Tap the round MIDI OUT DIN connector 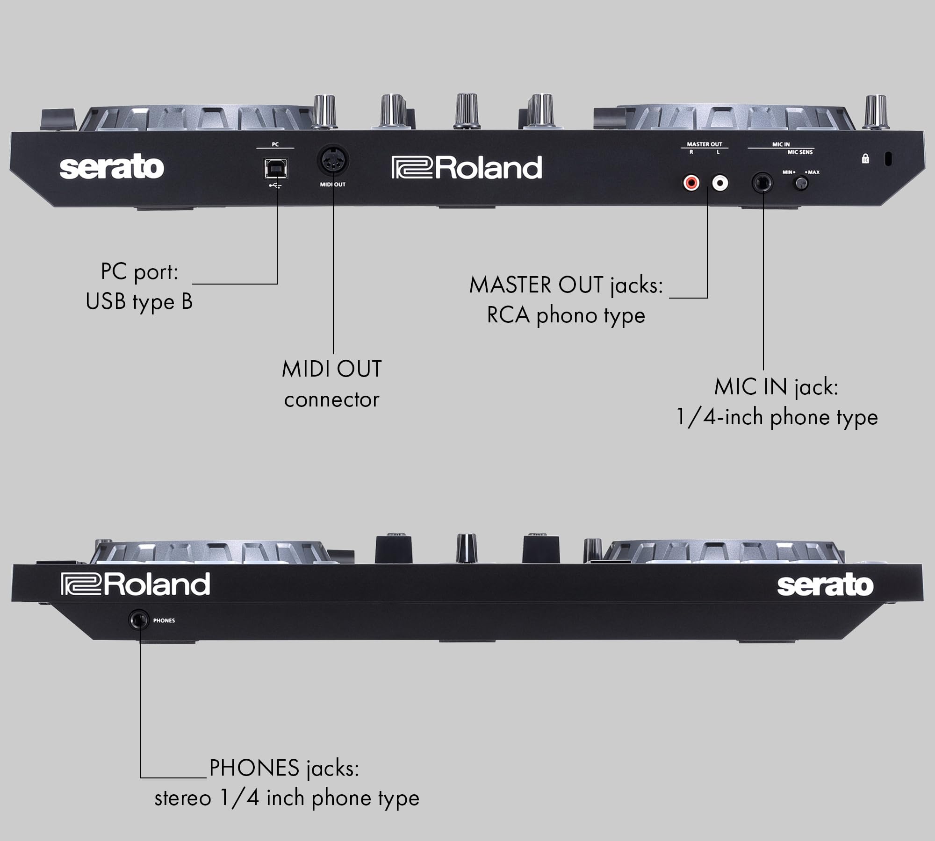tap(333, 161)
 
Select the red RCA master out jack tap(691, 182)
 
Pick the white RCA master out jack tap(720, 182)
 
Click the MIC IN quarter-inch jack tap(763, 183)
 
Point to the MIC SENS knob tap(801, 184)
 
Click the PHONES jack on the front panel tap(139, 620)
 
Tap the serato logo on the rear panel tap(112, 168)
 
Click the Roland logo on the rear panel tap(467, 168)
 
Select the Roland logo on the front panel tap(136, 584)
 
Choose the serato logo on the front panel tap(825, 585)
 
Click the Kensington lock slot tap(888, 159)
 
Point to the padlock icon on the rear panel tap(865, 159)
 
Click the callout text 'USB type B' tap(139, 301)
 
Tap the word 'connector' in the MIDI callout tap(331, 400)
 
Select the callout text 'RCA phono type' tap(566, 316)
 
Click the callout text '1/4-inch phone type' tap(777, 417)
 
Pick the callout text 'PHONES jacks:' tap(284, 769)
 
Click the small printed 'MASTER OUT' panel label tap(705, 144)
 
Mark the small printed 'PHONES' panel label tap(164, 620)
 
